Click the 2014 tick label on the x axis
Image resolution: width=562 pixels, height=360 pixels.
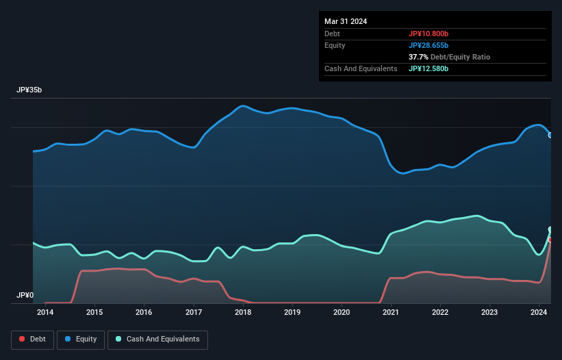point(45,313)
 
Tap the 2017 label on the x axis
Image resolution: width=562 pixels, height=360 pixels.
point(194,313)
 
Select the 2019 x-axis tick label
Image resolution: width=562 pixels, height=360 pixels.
point(292,313)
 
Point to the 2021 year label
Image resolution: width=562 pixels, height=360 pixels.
point(391,313)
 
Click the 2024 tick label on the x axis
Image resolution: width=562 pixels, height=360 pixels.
point(539,313)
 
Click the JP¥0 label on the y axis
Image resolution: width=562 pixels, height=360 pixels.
point(25,295)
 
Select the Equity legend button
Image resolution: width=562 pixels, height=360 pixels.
point(81,339)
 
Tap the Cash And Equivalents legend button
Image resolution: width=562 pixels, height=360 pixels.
point(157,339)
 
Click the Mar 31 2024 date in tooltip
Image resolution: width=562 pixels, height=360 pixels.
point(346,21)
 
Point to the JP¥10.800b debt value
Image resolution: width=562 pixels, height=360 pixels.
point(429,34)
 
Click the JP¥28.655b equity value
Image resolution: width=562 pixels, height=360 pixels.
point(429,45)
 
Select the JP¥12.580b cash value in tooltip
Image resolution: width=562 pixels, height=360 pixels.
point(429,68)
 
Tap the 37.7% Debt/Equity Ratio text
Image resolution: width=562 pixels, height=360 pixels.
point(449,57)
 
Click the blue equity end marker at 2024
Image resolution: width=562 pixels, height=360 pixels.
point(550,135)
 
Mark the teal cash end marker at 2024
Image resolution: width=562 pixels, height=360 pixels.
point(550,230)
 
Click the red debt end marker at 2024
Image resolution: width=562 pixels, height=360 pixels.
point(550,240)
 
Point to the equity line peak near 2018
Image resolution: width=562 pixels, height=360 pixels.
point(242,106)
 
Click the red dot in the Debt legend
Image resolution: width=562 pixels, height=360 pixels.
point(22,339)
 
